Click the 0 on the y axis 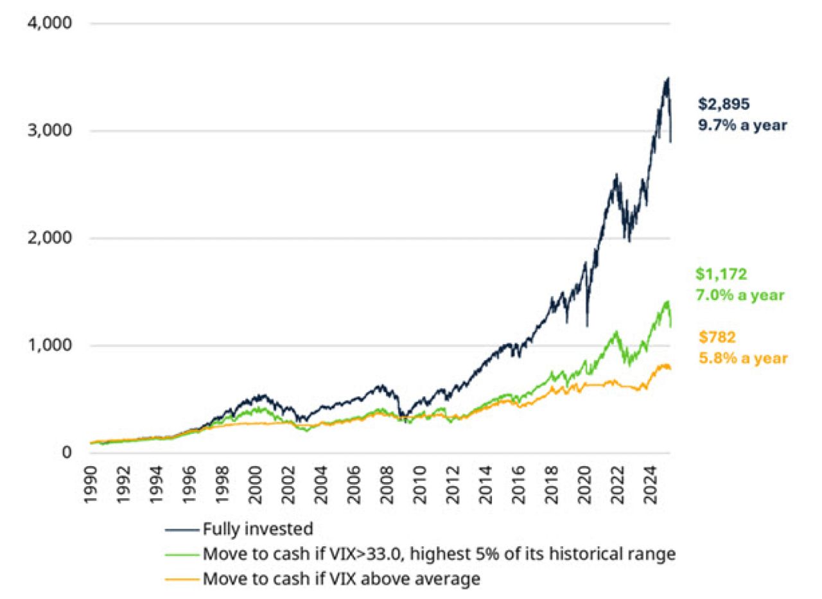tap(66, 453)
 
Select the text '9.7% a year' tap(742, 125)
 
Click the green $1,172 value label tap(721, 274)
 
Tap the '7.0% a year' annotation tap(740, 296)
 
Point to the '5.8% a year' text tap(742, 358)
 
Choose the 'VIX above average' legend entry tap(340, 578)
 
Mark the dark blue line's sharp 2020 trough tap(587, 326)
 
